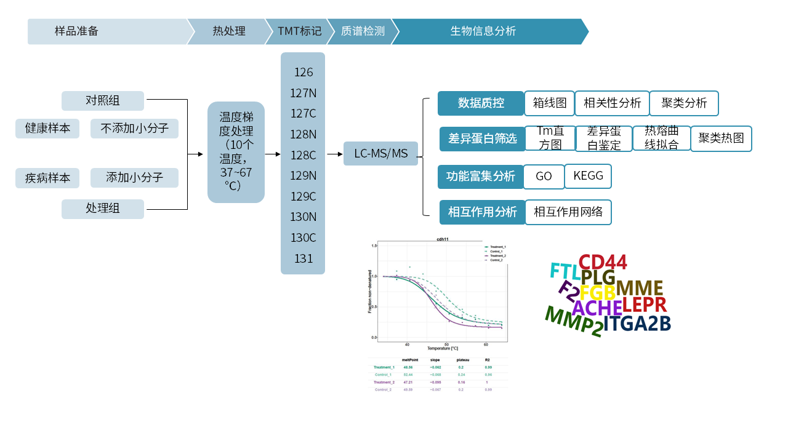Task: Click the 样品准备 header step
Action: [x=76, y=31]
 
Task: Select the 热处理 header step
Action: [x=229, y=31]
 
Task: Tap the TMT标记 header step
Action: [x=299, y=31]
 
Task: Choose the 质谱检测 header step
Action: [x=363, y=31]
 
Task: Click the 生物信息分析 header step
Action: [x=483, y=31]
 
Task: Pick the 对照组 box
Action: [x=103, y=101]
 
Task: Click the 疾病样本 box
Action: [x=47, y=178]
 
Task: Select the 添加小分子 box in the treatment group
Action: [x=134, y=178]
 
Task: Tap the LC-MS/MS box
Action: [x=380, y=153]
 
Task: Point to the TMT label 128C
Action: [x=303, y=155]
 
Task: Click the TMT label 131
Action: [x=303, y=258]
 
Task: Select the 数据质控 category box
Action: [x=480, y=103]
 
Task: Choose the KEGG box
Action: [x=588, y=176]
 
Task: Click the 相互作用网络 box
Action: [x=568, y=212]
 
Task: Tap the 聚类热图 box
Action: [x=721, y=138]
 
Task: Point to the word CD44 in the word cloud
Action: [x=603, y=263]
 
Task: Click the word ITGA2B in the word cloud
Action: [x=637, y=324]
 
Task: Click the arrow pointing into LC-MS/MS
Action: [x=336, y=154]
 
